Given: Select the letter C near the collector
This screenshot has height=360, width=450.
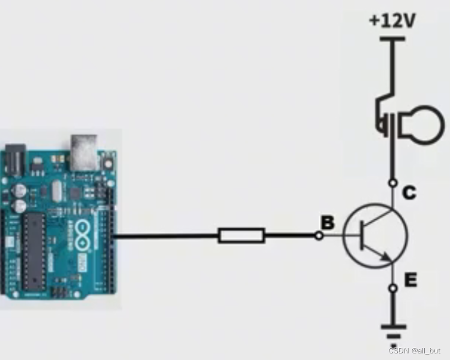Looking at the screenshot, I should tap(409, 193).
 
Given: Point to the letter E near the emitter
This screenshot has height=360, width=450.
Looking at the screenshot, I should tap(410, 280).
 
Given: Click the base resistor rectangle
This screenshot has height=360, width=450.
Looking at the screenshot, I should tap(241, 235).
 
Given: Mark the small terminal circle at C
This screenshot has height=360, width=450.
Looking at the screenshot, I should tap(393, 181).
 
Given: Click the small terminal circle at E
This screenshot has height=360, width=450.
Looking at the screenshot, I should tap(393, 289).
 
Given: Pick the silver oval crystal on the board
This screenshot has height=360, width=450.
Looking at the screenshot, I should tap(57, 192).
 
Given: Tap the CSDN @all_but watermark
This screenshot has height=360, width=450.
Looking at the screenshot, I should tap(414, 350).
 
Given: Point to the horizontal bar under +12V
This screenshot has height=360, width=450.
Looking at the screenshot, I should tap(393, 39).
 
